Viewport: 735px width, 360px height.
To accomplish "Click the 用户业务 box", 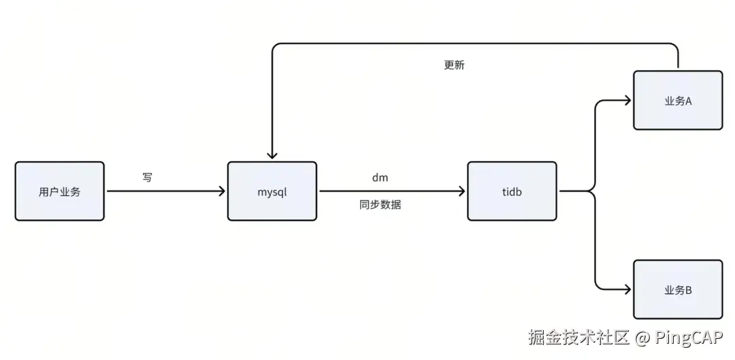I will [60, 191].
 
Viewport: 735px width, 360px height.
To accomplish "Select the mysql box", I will [272, 191].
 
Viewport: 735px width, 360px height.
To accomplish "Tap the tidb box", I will [512, 191].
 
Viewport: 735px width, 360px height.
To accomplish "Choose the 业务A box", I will [678, 101].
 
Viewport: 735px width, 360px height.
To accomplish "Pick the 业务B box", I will [678, 290].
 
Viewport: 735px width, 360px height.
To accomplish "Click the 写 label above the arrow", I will [148, 178].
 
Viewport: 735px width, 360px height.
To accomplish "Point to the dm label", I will [380, 178].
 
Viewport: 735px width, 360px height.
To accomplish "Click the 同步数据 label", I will [380, 204].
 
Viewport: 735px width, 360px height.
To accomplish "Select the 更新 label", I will [454, 65].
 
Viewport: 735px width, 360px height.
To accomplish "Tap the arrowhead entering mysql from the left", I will [221, 191].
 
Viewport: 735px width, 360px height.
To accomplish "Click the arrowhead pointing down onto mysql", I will [272, 155].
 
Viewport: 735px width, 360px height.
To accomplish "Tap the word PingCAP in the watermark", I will [689, 337].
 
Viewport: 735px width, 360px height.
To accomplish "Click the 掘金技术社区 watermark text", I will [580, 337].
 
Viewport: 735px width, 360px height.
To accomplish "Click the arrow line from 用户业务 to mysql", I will [163, 191].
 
